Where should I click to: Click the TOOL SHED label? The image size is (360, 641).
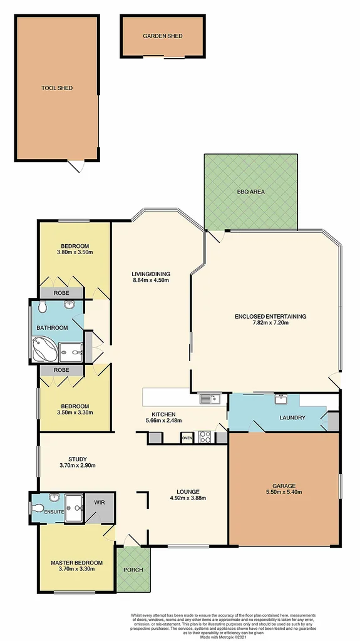57,88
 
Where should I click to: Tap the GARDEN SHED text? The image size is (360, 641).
163,36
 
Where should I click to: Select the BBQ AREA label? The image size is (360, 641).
250,192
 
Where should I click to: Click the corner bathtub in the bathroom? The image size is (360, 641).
44,349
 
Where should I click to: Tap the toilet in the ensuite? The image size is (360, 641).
38,508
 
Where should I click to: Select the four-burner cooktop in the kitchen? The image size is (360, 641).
205,438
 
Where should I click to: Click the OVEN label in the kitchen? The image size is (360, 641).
187,438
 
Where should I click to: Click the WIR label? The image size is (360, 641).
99,502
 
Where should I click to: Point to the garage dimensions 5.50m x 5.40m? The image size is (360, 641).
284,493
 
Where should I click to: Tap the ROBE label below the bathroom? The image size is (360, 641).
61,370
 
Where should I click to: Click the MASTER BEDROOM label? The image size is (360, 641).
76,563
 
